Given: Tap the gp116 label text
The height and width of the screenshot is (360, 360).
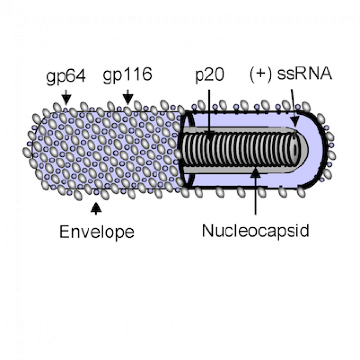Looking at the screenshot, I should (x=128, y=76).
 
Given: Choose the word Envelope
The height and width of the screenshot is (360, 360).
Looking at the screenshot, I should (x=96, y=231).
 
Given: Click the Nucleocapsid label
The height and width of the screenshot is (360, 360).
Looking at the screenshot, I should (x=256, y=230).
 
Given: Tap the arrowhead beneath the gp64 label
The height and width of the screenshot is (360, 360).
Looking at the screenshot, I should (x=66, y=98).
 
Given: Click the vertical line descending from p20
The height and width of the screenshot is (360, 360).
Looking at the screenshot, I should (x=209, y=108).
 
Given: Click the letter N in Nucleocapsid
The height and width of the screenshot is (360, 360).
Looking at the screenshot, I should (x=207, y=230).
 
